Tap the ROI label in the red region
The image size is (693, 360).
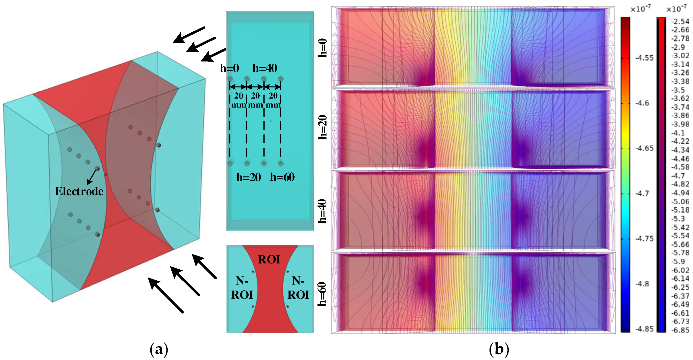coord(269,260)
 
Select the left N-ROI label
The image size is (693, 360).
coord(242,288)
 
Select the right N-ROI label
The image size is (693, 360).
coord(298,288)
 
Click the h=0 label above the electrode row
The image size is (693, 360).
coord(229,68)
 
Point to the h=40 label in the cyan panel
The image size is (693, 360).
coord(265,68)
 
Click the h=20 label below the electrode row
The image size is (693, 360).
coord(249,177)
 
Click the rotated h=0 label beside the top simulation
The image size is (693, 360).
coord(322,48)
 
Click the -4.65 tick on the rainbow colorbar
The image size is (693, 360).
coord(644,148)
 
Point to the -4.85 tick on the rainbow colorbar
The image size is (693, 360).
coord(644,329)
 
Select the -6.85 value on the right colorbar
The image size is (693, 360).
coord(680,330)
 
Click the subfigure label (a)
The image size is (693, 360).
coord(159,349)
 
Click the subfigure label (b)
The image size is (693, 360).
coord(499,349)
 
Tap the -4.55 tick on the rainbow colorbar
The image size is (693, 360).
coord(644,58)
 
